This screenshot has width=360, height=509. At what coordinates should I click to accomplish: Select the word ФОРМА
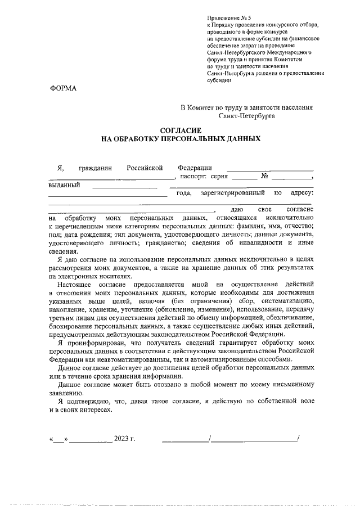coord(62,88)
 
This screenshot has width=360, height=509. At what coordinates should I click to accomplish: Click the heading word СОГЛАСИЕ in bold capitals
coord(181,130)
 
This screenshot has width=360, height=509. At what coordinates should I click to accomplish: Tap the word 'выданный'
coord(64,184)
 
